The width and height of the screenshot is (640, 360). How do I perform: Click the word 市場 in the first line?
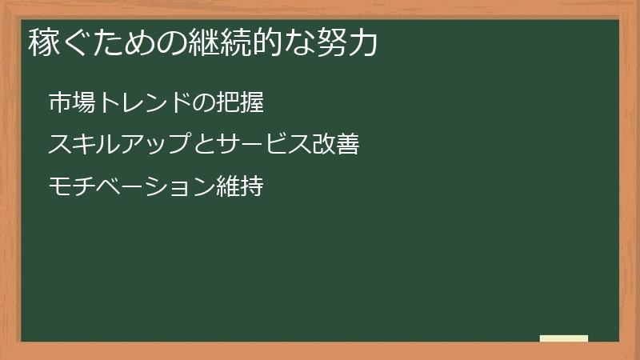pyautogui.click(x=71, y=102)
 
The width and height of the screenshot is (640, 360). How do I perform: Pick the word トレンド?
pyautogui.click(x=143, y=102)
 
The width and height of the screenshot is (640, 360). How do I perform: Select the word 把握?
pyautogui.click(x=241, y=102)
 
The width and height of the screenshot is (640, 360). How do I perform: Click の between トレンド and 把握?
pyautogui.click(x=204, y=102)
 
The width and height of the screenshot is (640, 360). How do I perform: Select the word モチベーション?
pyautogui.click(x=132, y=187)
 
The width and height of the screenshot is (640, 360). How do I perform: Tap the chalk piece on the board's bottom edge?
pyautogui.click(x=564, y=338)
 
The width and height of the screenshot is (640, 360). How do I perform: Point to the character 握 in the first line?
pyautogui.click(x=253, y=102)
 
